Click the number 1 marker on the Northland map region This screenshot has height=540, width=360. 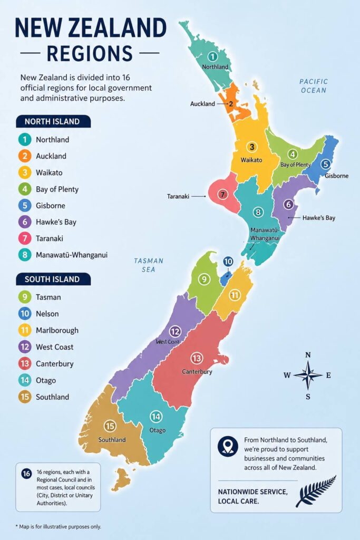[x=212, y=56]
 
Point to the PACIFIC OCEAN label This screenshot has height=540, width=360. [x=314, y=86]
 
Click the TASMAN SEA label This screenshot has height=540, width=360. [x=149, y=265]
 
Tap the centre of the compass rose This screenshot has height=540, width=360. [x=308, y=375]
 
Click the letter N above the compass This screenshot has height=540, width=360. [x=308, y=355]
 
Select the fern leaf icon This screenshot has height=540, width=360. [x=316, y=491]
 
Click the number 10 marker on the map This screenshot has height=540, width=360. [x=228, y=262]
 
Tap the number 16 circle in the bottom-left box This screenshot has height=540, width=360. [x=26, y=473]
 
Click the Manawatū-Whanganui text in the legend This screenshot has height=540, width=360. [x=72, y=255]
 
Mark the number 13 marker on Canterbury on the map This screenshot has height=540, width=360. [x=197, y=358]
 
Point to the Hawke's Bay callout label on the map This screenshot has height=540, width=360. [x=318, y=217]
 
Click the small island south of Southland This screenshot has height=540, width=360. [x=123, y=478]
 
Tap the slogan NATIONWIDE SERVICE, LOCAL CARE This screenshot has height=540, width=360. [x=252, y=496]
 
